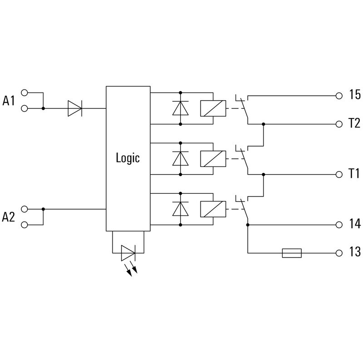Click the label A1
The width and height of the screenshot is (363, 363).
9,101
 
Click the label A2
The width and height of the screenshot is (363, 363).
9,217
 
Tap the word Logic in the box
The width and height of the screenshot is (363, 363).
128,158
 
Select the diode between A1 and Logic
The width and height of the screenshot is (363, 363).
74,108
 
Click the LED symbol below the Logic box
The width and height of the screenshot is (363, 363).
128,253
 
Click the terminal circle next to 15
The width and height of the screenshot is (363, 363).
338,95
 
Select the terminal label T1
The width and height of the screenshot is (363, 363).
354,174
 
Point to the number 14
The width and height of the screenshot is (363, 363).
354,224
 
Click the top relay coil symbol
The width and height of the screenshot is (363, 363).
212,108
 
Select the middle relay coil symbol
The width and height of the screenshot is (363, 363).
212,158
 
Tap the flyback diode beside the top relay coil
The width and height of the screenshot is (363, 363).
181,108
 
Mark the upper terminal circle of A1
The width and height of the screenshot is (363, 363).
25,92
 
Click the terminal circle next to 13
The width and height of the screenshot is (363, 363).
338,253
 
